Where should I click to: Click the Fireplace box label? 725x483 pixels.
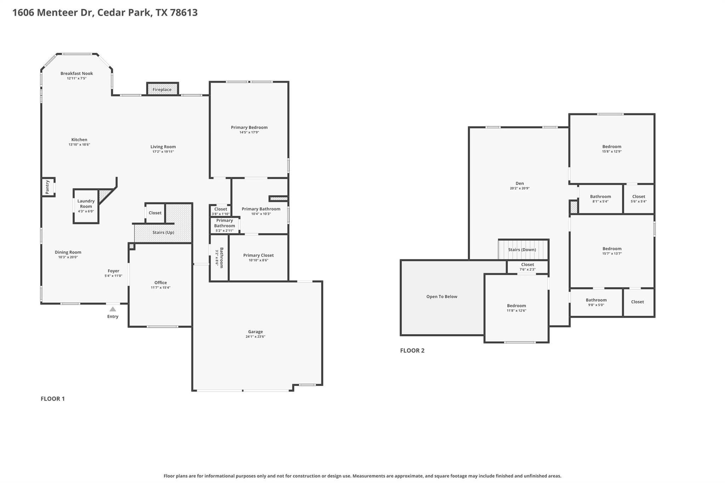pos(162,90)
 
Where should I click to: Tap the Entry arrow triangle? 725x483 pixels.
pos(113,309)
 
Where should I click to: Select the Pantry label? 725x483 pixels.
pos(47,187)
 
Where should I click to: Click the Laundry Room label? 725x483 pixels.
pos(86,203)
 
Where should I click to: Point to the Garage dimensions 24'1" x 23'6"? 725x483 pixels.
pos(255,337)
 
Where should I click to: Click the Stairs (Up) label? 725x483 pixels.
pos(163,232)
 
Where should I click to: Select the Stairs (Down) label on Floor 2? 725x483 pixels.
pos(522,249)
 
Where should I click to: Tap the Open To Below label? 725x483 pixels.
pos(441,297)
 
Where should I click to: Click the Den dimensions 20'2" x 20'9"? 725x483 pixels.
pos(519,188)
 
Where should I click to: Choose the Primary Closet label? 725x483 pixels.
pos(258,255)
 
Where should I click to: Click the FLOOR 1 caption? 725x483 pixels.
pos(53,399)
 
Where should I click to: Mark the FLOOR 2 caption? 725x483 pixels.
pos(412,350)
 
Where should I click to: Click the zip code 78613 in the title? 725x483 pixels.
pos(184,12)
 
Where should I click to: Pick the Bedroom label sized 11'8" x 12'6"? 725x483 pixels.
pos(516,306)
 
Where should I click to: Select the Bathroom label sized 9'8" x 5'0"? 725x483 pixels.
pos(596,300)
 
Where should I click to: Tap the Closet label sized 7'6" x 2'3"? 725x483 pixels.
pos(527,264)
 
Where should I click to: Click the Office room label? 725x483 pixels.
pos(160,282)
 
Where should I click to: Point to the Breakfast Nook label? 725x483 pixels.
pos(76,74)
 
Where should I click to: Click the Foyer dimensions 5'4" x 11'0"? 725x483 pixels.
pos(113,276)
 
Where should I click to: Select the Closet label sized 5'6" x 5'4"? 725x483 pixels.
pos(638,196)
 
